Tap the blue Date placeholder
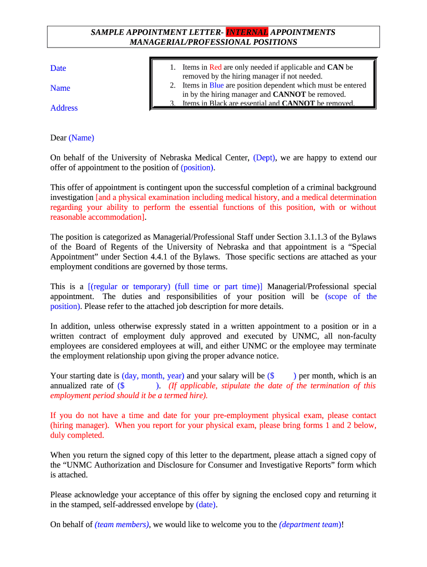[x=58, y=68]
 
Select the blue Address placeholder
[x=64, y=108]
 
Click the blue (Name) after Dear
[x=82, y=138]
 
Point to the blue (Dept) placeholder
[x=265, y=158]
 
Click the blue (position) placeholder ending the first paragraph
[x=197, y=168]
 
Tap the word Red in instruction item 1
[x=215, y=68]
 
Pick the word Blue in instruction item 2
[x=216, y=85]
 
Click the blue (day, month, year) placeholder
[x=153, y=375]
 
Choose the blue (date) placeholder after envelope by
[x=206, y=504]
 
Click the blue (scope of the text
[x=351, y=296]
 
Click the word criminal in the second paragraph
[x=294, y=187]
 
